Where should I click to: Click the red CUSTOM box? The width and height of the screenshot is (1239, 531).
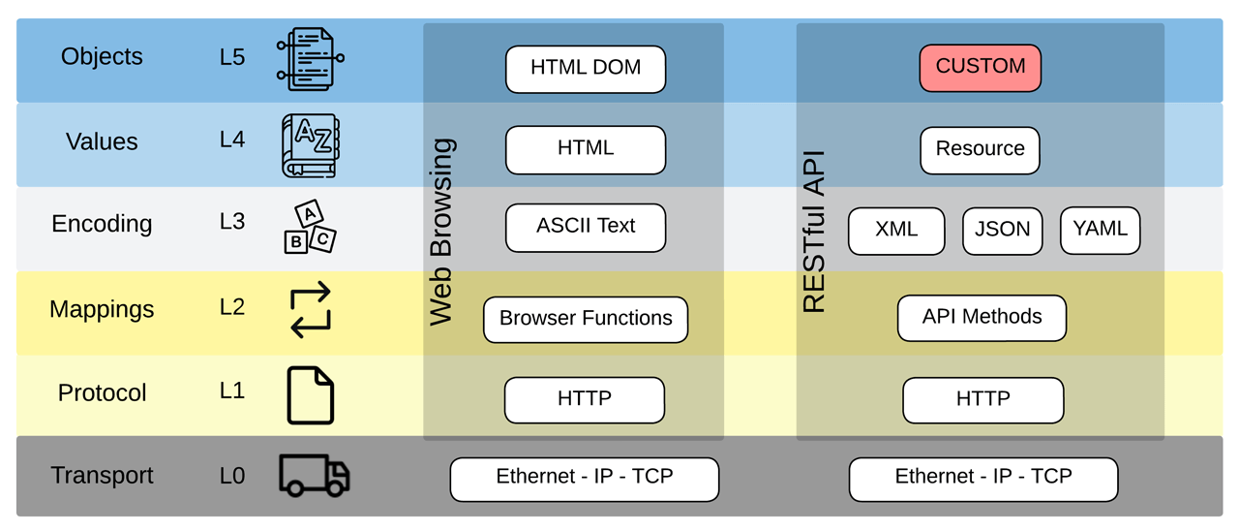pyautogui.click(x=980, y=68)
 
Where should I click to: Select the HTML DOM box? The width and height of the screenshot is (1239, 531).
pyautogui.click(x=586, y=70)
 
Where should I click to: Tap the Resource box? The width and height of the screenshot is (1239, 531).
pyautogui.click(x=980, y=150)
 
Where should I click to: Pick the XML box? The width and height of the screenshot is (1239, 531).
pyautogui.click(x=896, y=231)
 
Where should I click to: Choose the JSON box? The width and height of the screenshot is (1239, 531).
pyautogui.click(x=1002, y=231)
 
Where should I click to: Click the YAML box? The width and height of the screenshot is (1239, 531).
pyautogui.click(x=1101, y=231)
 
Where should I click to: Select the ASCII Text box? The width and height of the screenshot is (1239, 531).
pyautogui.click(x=586, y=228)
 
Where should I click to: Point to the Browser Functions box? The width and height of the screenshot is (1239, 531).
pyautogui.click(x=586, y=320)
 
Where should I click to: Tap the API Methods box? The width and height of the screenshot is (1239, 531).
pyautogui.click(x=982, y=318)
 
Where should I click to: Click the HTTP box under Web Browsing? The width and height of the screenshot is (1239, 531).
pyautogui.click(x=585, y=400)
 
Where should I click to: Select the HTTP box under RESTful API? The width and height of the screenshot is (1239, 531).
pyautogui.click(x=982, y=400)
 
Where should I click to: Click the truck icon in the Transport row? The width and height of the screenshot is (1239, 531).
pyautogui.click(x=314, y=475)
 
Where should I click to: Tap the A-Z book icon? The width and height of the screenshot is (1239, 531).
pyautogui.click(x=310, y=145)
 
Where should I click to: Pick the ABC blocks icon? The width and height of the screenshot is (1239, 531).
pyautogui.click(x=310, y=228)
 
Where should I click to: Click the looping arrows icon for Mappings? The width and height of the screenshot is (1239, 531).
pyautogui.click(x=311, y=310)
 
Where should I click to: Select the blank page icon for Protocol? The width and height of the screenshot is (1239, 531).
pyautogui.click(x=311, y=394)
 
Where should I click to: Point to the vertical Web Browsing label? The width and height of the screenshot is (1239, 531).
pyautogui.click(x=441, y=233)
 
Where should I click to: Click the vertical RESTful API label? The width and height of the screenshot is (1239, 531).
pyautogui.click(x=814, y=233)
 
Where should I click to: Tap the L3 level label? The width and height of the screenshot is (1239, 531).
pyautogui.click(x=232, y=222)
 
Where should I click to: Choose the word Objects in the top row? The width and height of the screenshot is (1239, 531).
pyautogui.click(x=102, y=57)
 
